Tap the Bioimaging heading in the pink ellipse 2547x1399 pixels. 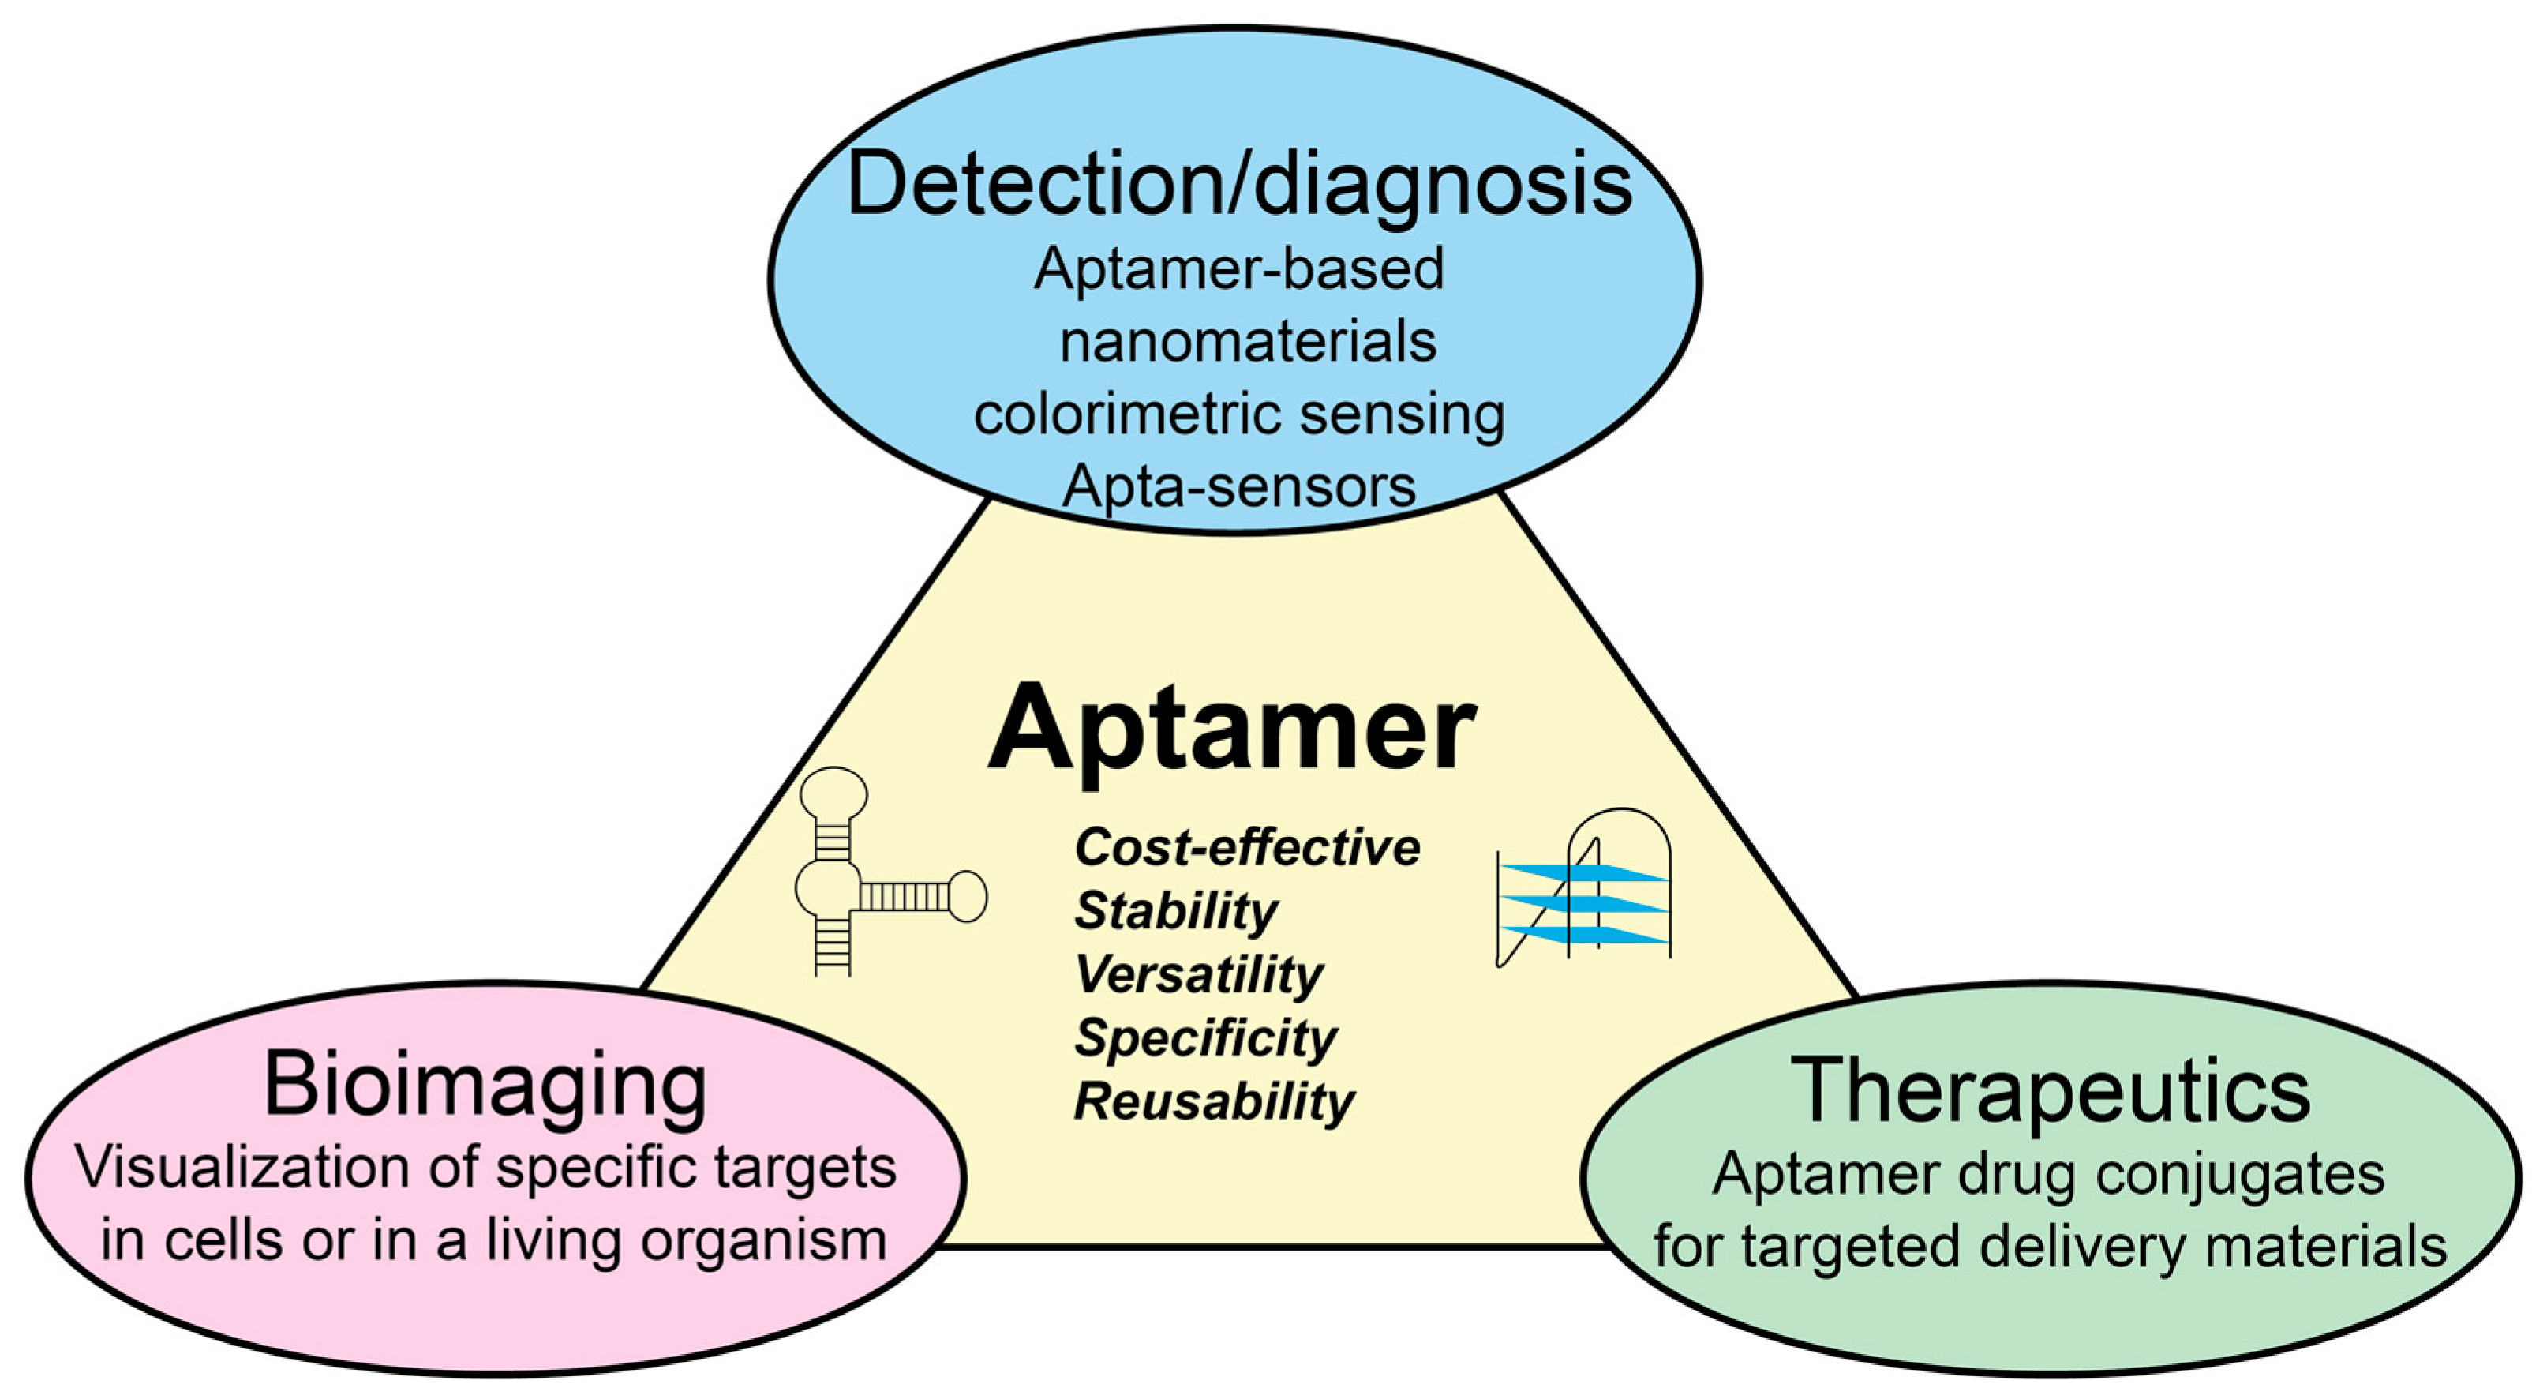485,1086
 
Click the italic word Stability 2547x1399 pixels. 1175,910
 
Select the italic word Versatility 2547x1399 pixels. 1198,974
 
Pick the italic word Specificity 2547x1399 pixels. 1205,1037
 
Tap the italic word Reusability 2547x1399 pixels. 1214,1101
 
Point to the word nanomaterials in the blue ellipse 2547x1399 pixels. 1248,342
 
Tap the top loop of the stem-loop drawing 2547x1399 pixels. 833,793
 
